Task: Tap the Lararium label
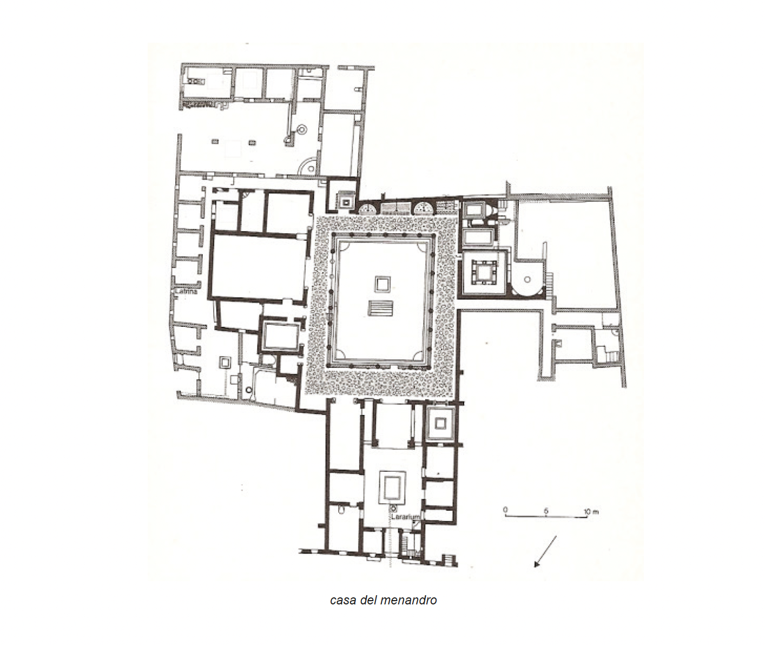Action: [x=405, y=517]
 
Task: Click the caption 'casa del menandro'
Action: [x=383, y=600]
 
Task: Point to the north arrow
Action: [x=545, y=551]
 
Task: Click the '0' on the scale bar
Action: [x=505, y=510]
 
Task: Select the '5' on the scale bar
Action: [x=546, y=510]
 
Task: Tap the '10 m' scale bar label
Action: [x=591, y=511]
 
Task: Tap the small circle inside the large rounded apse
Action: [x=527, y=280]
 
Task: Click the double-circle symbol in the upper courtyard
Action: [x=301, y=129]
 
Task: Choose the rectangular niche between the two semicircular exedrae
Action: [x=396, y=208]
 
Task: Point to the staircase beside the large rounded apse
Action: [x=550, y=281]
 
